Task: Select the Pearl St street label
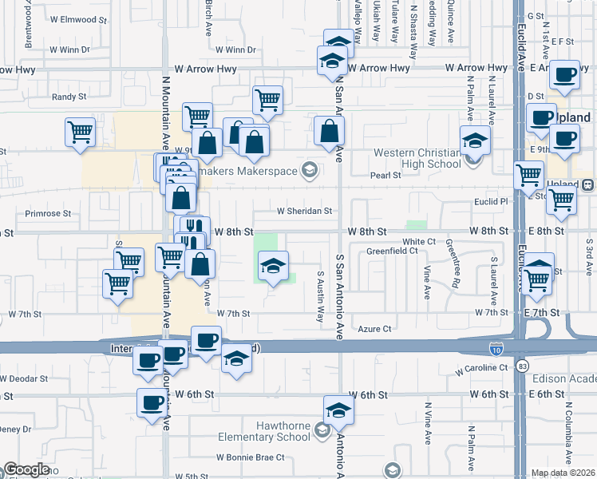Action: (385, 176)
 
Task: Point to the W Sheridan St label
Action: (303, 212)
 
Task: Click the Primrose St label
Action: (48, 214)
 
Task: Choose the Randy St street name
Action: (69, 97)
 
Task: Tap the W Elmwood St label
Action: (77, 19)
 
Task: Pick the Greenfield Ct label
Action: (392, 251)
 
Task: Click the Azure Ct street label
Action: (374, 328)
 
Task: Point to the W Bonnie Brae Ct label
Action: (250, 457)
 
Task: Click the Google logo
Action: (26, 470)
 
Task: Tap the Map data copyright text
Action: (563, 473)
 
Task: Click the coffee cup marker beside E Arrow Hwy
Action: (565, 77)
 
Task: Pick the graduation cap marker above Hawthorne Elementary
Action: (338, 412)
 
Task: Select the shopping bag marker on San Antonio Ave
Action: (329, 131)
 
